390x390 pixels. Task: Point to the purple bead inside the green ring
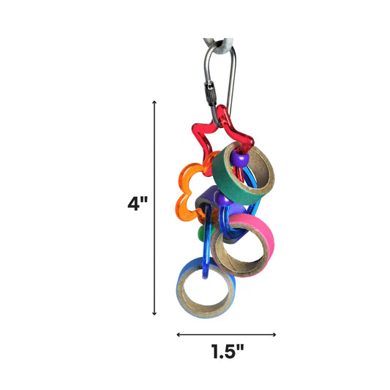(x=239, y=157)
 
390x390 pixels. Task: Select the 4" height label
(x=138, y=203)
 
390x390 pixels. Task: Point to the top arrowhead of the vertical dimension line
(x=154, y=103)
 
